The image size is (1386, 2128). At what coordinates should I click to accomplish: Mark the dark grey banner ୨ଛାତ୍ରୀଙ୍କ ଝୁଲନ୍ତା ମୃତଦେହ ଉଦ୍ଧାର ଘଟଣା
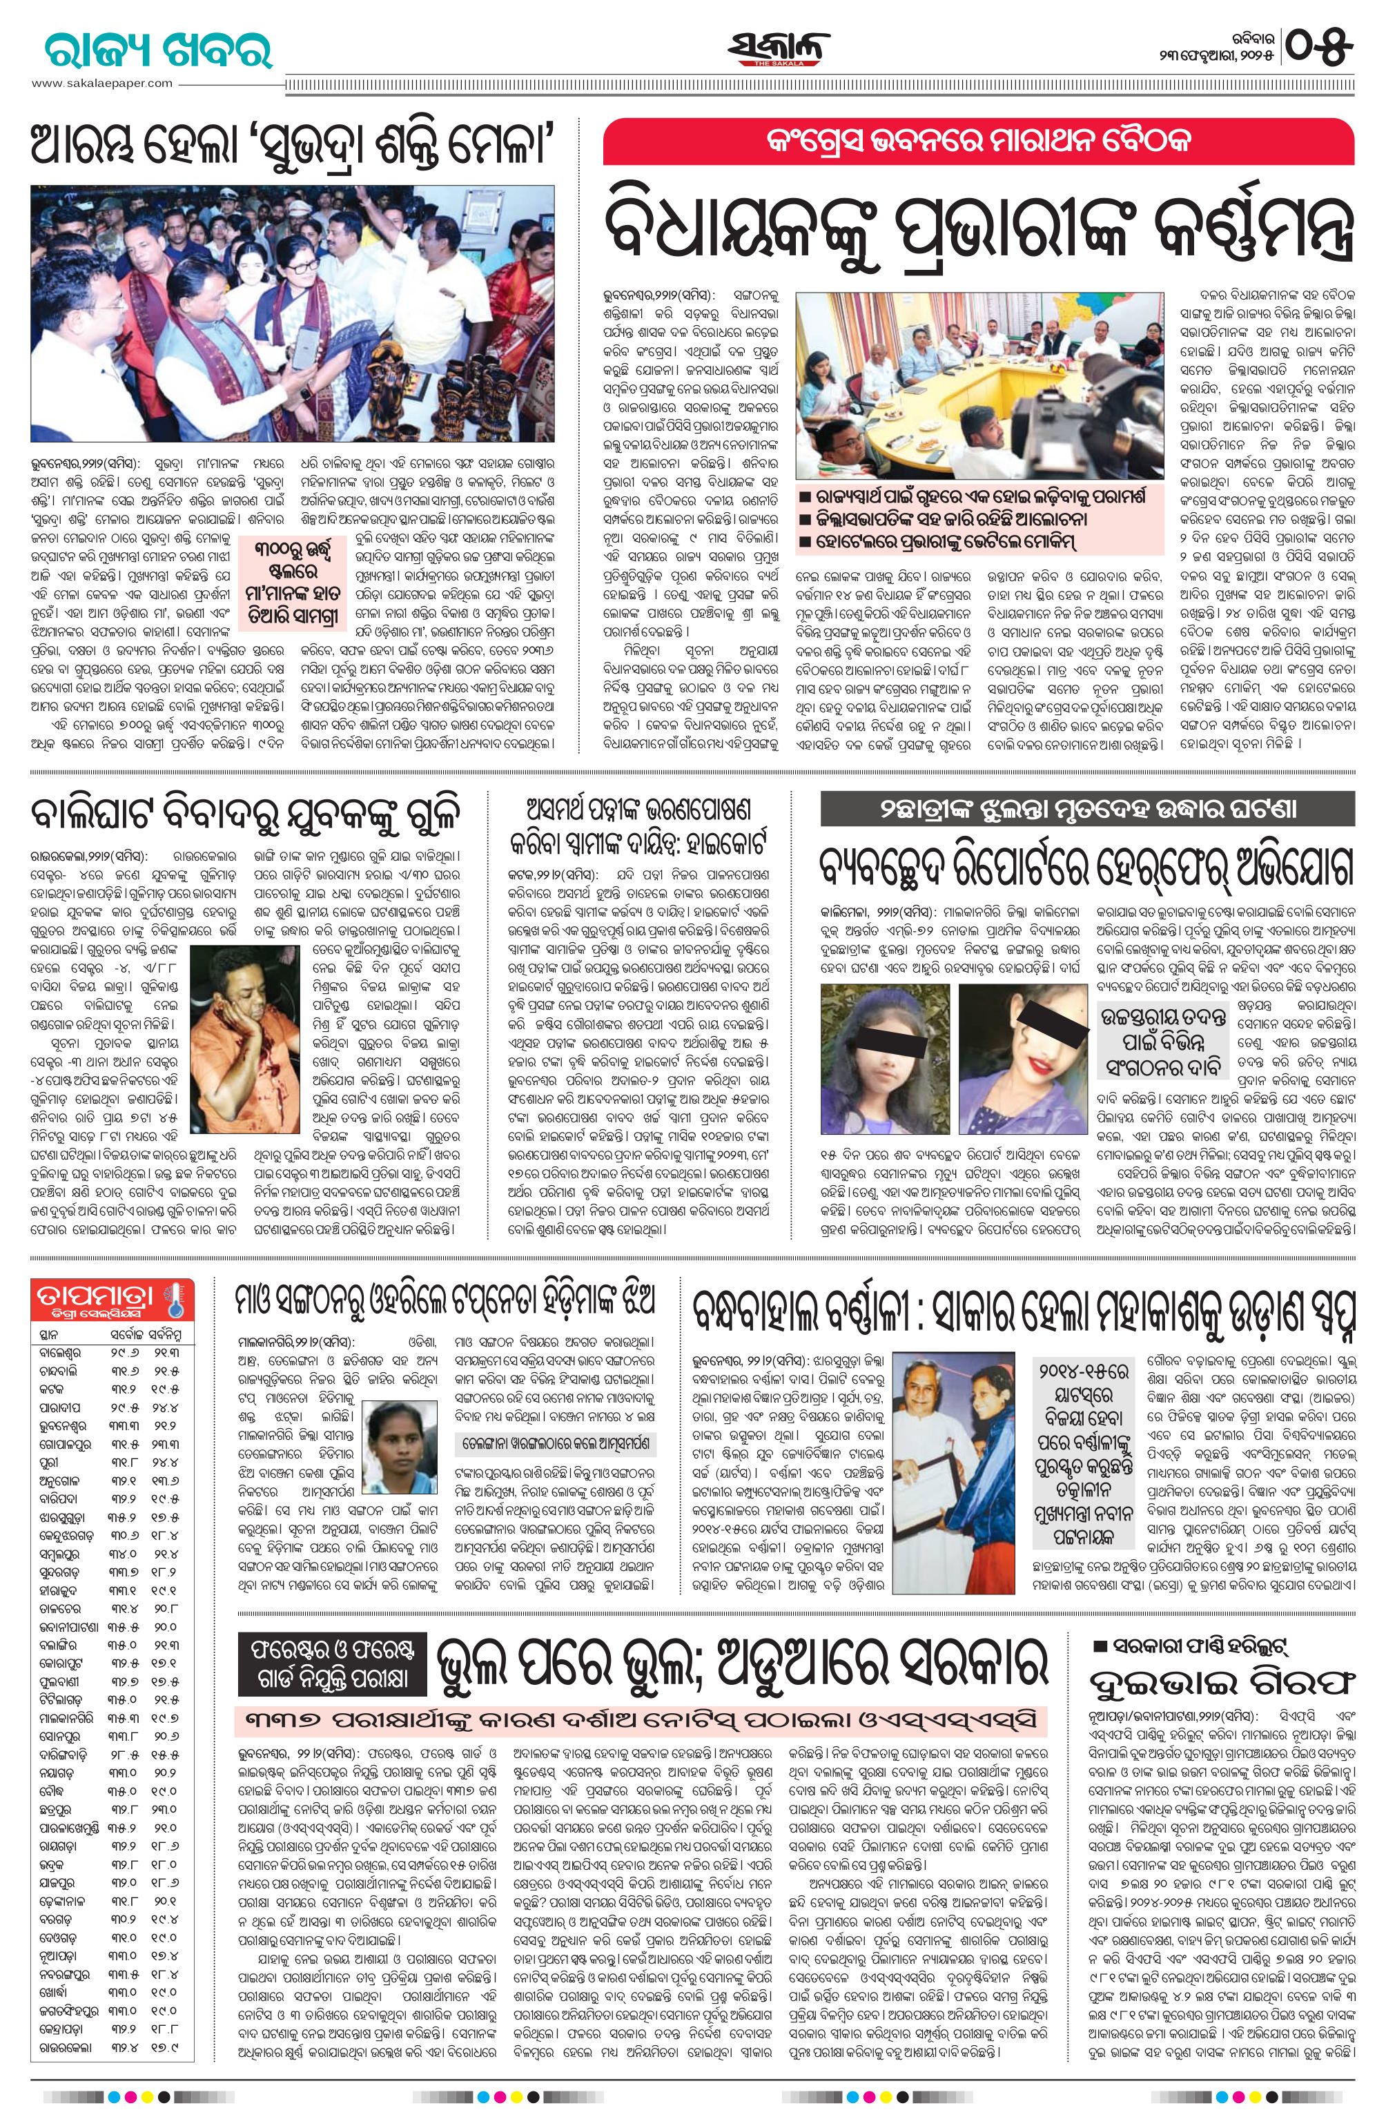point(1086,809)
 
